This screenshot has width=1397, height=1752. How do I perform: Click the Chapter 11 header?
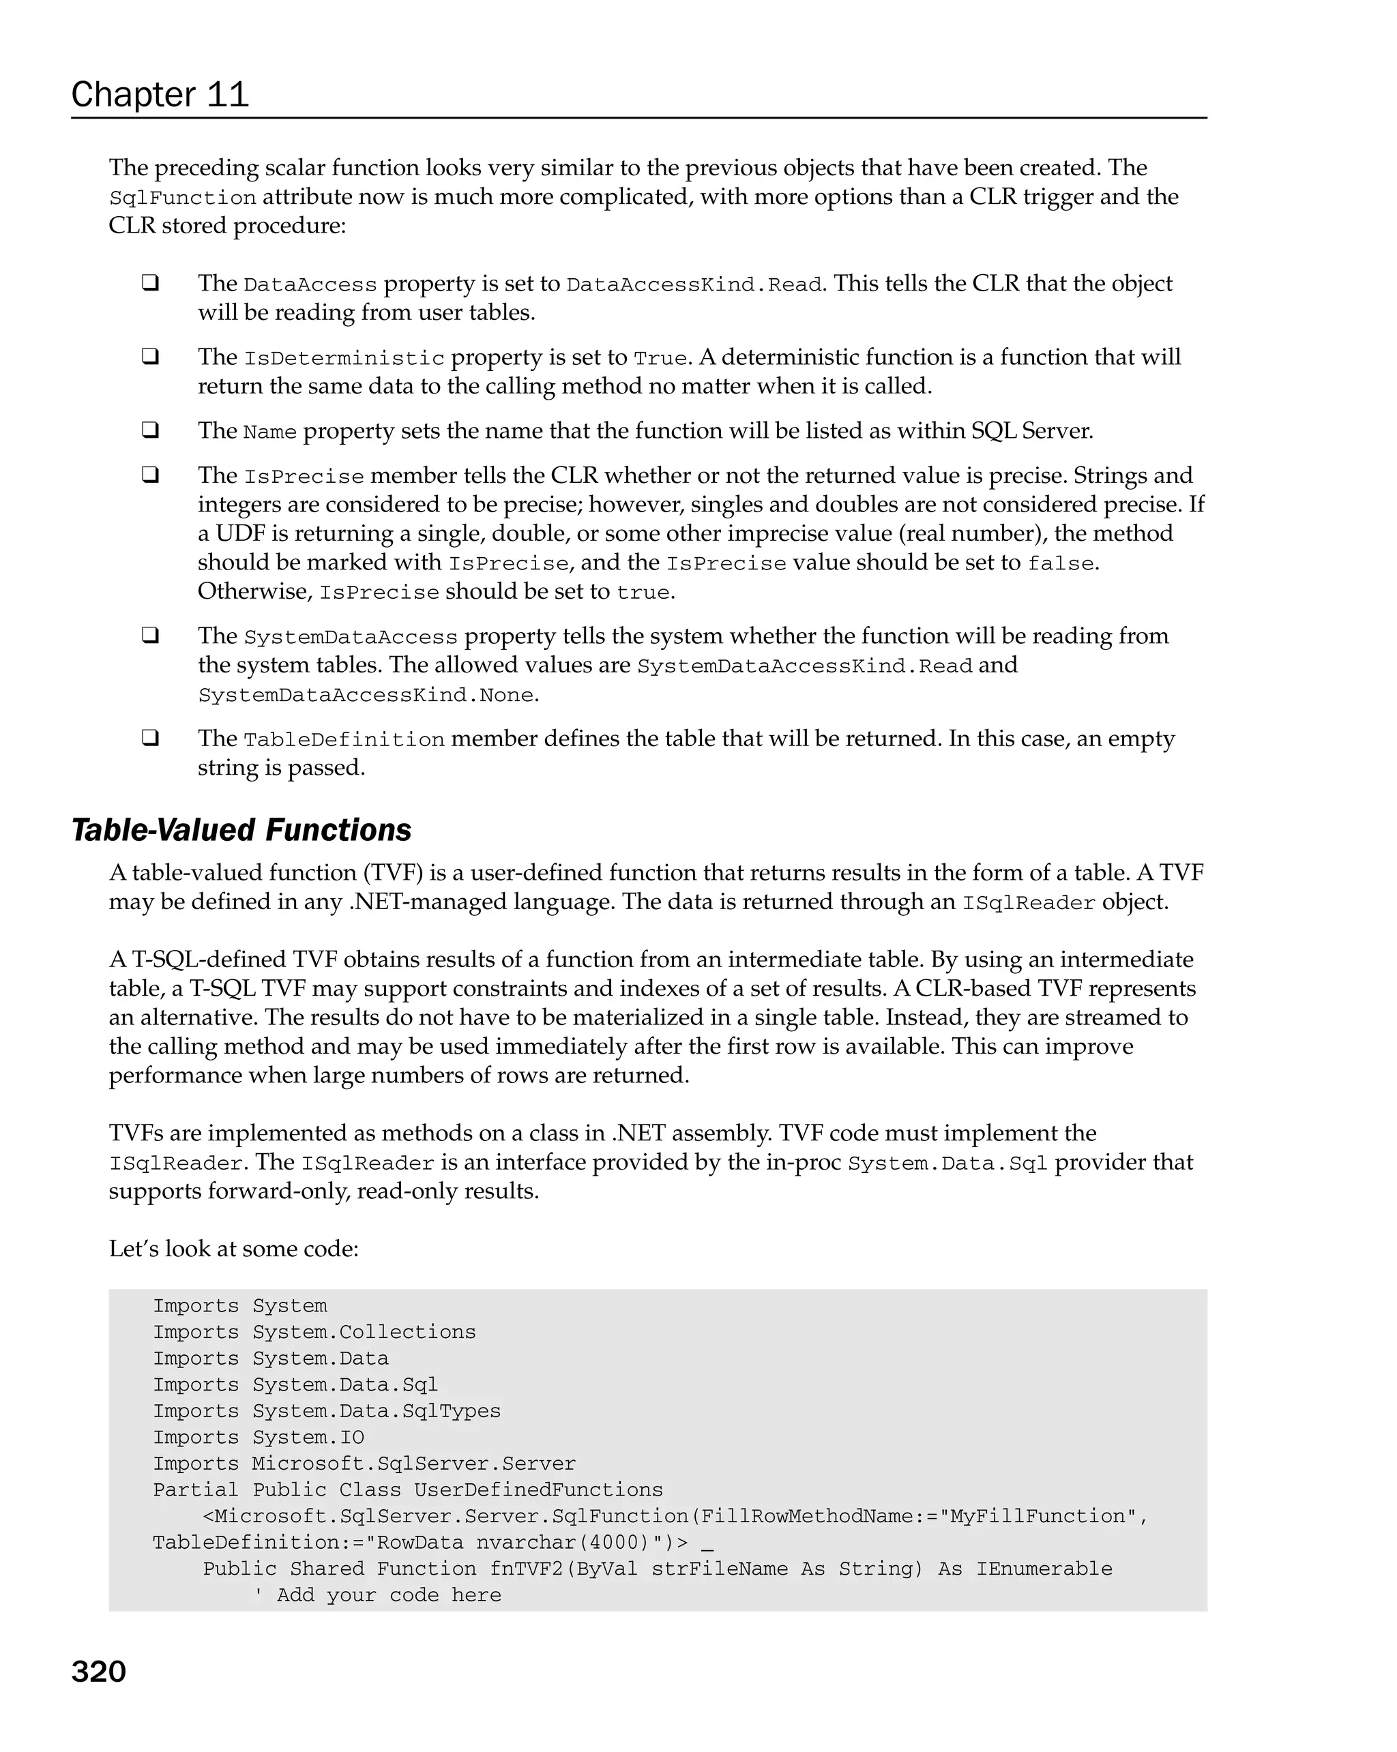coord(160,95)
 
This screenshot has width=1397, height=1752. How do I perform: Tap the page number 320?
coord(98,1672)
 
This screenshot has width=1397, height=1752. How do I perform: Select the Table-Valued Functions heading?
coord(241,831)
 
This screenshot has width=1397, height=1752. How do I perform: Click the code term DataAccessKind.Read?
coord(694,285)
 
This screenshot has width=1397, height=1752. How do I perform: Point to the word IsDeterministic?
coord(344,358)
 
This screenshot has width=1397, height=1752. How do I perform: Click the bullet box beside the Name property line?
coord(149,429)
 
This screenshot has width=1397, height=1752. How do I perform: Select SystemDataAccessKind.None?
coord(366,696)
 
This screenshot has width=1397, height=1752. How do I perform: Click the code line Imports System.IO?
coord(259,1438)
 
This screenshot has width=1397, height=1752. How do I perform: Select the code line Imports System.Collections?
coord(314,1332)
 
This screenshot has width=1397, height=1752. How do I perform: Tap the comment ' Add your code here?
coord(377,1595)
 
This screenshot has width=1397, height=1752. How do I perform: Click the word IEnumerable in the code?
coord(1044,1569)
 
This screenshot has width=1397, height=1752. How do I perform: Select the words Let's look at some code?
coord(233,1249)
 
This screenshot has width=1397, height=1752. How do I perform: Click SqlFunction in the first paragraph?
coord(182,198)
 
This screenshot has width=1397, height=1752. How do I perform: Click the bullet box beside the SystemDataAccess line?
coord(149,635)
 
